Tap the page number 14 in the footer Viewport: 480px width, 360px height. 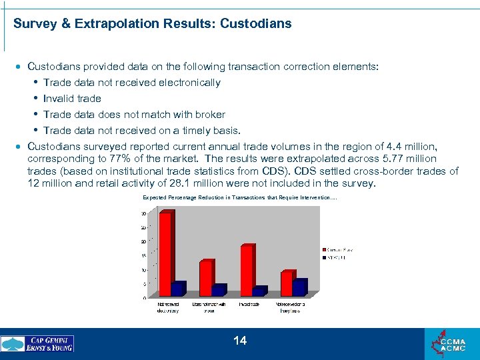click(240, 341)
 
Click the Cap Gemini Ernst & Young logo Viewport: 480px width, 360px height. click(38, 344)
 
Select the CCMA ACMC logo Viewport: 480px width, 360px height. click(451, 344)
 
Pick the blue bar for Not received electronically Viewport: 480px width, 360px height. click(177, 289)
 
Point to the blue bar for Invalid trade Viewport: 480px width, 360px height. click(259, 291)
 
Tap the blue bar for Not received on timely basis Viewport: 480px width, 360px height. click(299, 287)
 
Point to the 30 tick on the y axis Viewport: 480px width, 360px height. click(143, 213)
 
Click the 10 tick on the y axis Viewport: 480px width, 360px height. click(143, 270)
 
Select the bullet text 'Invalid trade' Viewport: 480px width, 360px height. click(72, 99)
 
